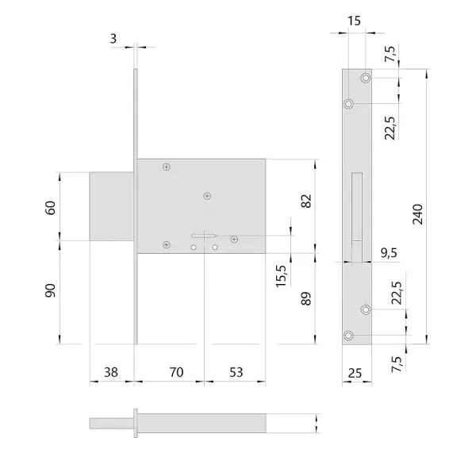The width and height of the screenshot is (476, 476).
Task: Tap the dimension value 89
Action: click(x=307, y=299)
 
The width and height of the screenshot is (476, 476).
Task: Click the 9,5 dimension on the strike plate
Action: click(x=390, y=253)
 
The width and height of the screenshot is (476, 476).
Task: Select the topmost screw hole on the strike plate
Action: click(x=366, y=79)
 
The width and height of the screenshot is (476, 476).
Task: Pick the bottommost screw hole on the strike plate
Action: click(x=348, y=336)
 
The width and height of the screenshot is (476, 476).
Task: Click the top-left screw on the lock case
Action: click(x=166, y=167)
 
